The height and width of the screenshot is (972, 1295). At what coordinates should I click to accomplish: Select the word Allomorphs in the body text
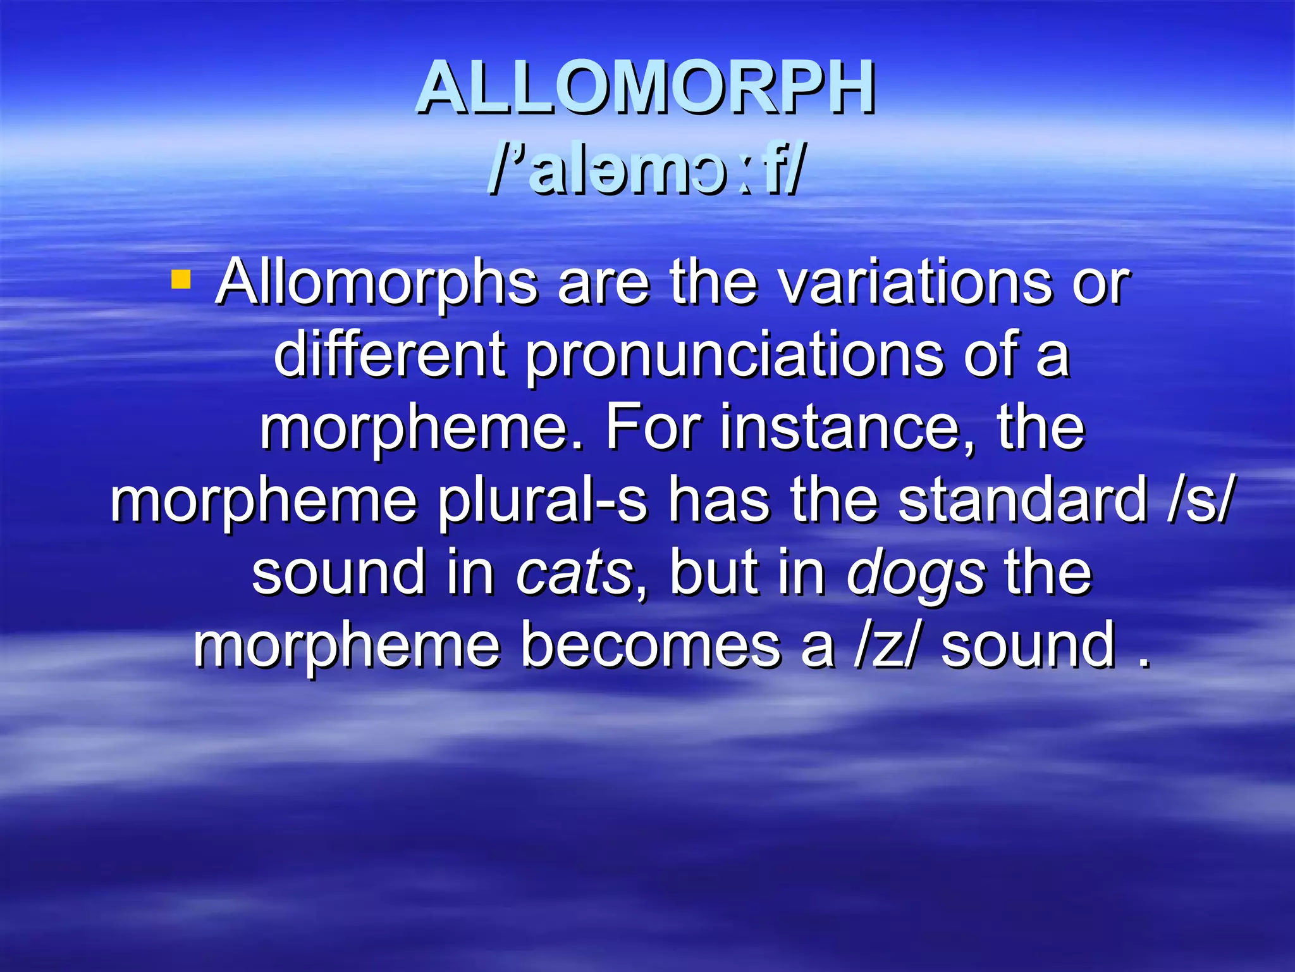point(376,283)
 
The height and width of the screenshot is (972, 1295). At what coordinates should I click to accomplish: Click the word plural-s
point(543,502)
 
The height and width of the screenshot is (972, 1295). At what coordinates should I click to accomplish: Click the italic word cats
point(574,573)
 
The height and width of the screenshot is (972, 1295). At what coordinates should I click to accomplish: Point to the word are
point(603,283)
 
